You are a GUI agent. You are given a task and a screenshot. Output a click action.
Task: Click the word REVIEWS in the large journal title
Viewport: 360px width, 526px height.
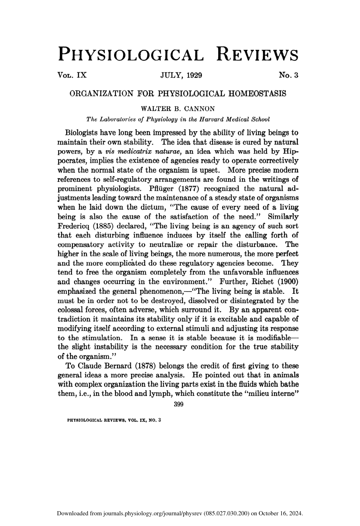(257, 54)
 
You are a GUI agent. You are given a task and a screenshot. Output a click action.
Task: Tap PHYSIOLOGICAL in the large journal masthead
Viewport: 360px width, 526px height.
(131, 54)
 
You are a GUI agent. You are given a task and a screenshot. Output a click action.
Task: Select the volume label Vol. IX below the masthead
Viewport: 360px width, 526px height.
(72, 75)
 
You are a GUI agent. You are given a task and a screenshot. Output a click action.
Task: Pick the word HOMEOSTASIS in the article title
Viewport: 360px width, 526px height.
(257, 93)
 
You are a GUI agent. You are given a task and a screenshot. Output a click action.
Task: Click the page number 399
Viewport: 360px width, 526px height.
(178, 405)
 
